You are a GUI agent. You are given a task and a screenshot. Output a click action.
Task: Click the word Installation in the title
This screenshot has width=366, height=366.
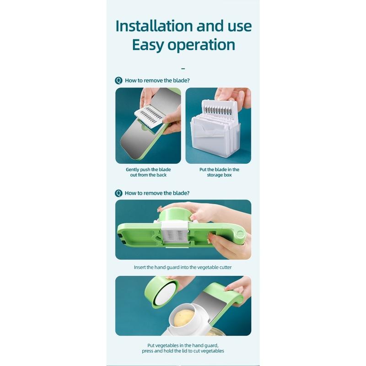tap(154, 26)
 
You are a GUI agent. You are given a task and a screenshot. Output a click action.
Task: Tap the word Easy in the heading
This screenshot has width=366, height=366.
tap(152, 45)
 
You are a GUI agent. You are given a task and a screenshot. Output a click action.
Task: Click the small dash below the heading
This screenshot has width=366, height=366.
tap(183, 69)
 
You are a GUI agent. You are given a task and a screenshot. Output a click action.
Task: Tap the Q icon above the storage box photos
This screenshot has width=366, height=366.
tap(118, 81)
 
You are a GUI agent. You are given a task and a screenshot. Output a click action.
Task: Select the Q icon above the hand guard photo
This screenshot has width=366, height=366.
tap(118, 193)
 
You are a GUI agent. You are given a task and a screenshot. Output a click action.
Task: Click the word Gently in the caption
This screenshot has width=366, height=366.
tap(135, 169)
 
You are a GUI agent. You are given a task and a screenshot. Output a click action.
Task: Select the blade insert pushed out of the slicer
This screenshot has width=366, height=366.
tap(150, 116)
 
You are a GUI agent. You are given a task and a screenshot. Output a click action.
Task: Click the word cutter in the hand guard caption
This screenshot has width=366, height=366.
tap(225, 267)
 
